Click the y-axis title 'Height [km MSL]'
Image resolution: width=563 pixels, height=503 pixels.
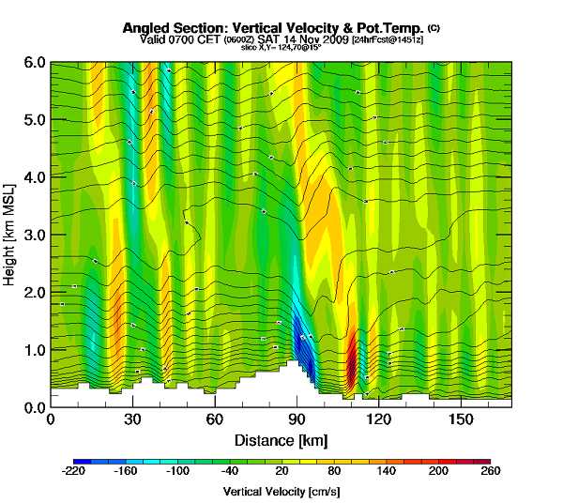point(11,235)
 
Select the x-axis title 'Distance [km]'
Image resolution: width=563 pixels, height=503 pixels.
point(281,440)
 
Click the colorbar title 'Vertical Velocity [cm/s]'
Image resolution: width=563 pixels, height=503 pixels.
point(281,492)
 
